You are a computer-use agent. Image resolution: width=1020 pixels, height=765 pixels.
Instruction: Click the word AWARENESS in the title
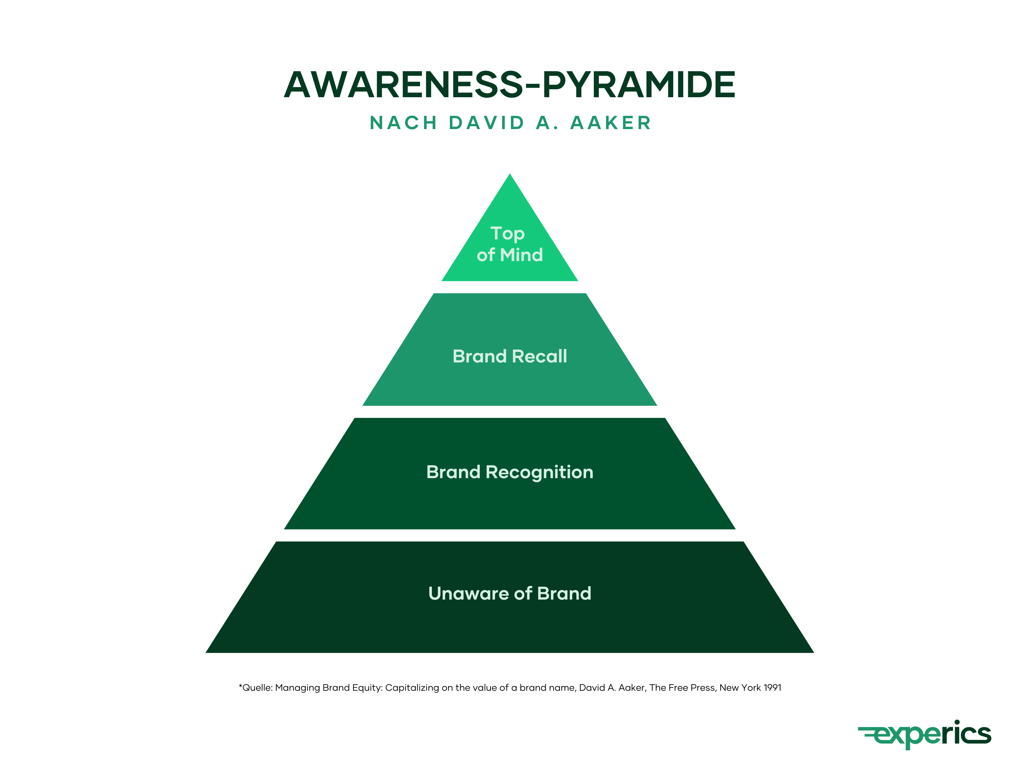[404, 85]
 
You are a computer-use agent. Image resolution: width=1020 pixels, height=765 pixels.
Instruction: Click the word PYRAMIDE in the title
[639, 85]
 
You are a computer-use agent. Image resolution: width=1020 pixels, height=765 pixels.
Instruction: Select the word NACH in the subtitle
[404, 123]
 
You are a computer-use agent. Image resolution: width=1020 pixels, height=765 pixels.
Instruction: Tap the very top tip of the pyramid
[510, 175]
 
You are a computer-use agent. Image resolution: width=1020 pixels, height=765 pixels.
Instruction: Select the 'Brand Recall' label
[510, 356]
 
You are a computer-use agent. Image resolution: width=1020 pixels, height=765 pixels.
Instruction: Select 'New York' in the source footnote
[739, 688]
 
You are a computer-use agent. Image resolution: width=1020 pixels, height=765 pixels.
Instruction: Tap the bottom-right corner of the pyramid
[812, 652]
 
